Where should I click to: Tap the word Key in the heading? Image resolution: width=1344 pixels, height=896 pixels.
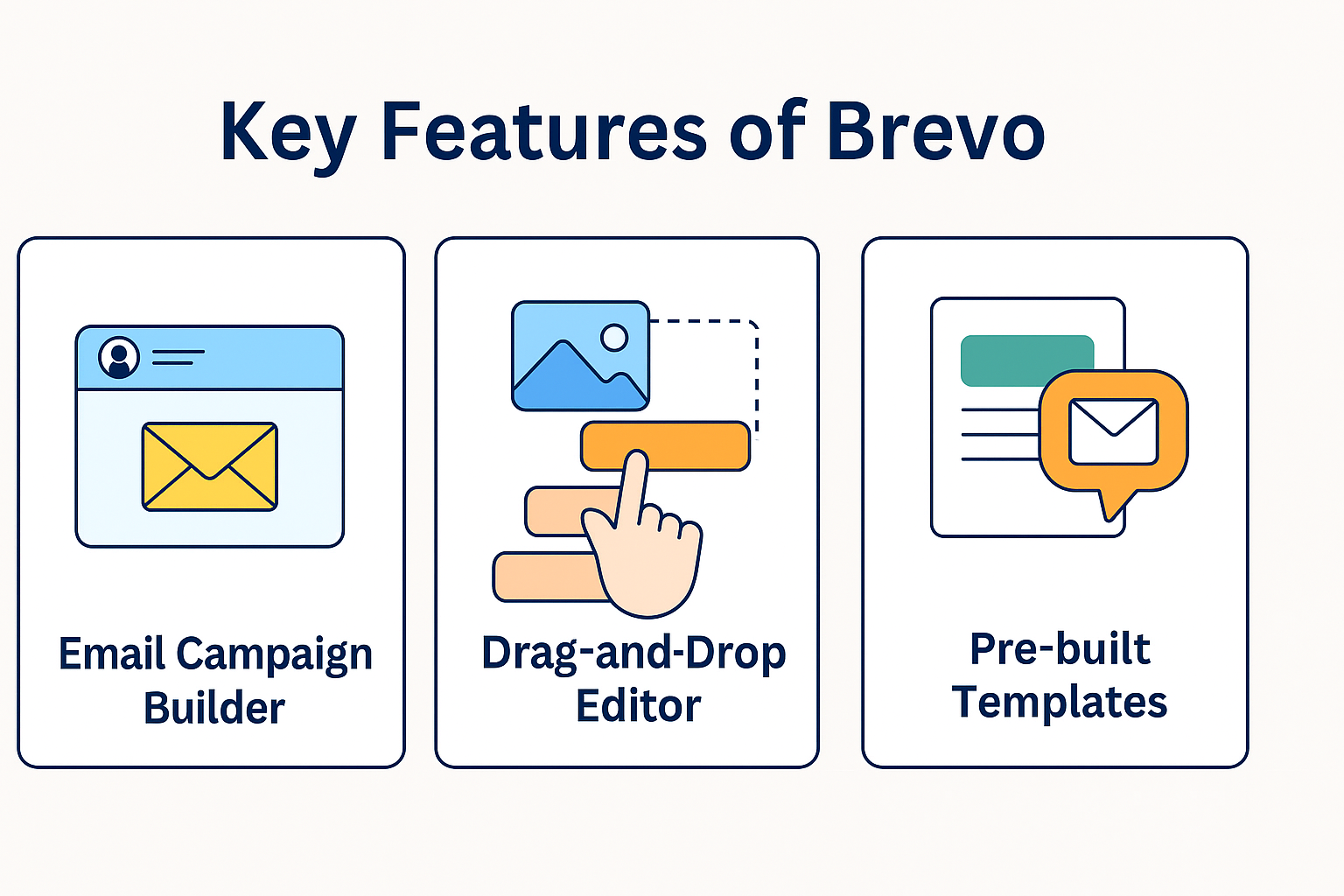point(287,133)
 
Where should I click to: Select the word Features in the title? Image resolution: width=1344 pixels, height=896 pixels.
point(543,131)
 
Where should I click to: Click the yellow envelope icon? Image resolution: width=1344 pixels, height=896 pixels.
point(210,466)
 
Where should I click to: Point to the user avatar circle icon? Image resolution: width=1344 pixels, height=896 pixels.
point(119,357)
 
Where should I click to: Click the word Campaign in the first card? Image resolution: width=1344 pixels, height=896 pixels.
point(274,655)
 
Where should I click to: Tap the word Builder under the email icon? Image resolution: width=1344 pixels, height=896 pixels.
point(214,708)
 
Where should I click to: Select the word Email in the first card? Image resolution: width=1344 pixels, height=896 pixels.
point(111,654)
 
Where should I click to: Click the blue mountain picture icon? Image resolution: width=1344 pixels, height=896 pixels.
point(580,356)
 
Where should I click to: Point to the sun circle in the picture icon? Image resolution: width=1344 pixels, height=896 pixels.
point(614,337)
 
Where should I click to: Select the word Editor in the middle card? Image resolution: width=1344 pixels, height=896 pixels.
point(638,706)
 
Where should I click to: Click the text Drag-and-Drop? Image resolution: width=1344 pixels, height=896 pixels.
point(633,654)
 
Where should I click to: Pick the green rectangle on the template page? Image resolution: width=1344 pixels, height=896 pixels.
point(1026,360)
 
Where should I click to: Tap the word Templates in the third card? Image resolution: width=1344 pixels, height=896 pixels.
point(1060,702)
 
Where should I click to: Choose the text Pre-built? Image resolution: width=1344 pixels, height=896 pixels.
point(1060,649)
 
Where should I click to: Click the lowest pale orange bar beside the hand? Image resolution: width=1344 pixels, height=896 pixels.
point(542,577)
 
